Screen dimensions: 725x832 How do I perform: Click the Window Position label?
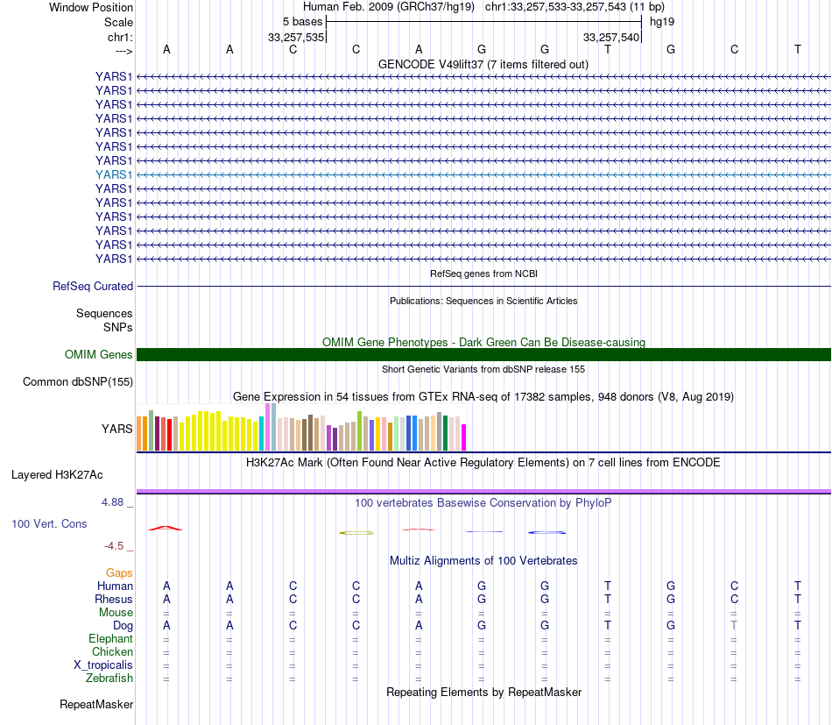click(x=91, y=7)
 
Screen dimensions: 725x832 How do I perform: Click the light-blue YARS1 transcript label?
click(x=114, y=174)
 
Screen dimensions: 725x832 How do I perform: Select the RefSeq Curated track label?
click(x=93, y=286)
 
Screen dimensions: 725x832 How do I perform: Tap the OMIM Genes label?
click(x=99, y=355)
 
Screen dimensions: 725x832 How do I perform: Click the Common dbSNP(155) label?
click(x=78, y=381)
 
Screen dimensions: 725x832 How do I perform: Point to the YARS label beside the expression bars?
click(x=118, y=430)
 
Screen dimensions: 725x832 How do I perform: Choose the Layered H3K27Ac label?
click(x=57, y=475)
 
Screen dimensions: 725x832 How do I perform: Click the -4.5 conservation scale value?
click(x=116, y=546)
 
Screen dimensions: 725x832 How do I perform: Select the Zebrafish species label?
click(x=109, y=678)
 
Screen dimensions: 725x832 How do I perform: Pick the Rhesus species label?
click(x=114, y=599)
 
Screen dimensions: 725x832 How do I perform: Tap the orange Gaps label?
click(x=119, y=572)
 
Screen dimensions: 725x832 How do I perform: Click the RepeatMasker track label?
click(x=96, y=704)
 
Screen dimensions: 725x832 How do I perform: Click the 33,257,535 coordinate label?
click(x=296, y=37)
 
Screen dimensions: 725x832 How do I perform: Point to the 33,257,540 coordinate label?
click(x=611, y=37)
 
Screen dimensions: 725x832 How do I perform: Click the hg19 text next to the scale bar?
click(x=661, y=21)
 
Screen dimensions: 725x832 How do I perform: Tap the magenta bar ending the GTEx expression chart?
click(x=464, y=437)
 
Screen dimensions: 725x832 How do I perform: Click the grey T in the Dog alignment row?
click(x=735, y=625)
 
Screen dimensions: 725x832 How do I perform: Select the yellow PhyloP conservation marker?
click(x=357, y=532)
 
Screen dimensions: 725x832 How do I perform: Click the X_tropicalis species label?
click(x=103, y=665)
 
